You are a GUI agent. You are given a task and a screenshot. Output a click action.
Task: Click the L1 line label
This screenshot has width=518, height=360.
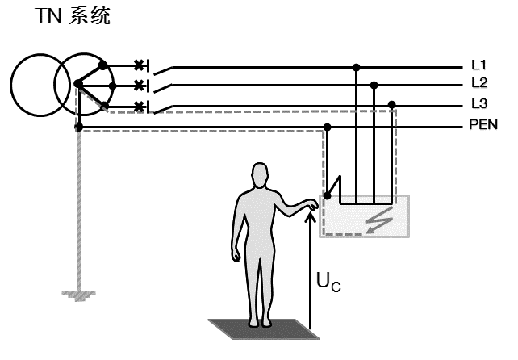[478, 64]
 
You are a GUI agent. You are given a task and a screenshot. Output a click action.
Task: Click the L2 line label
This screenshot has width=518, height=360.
[478, 83]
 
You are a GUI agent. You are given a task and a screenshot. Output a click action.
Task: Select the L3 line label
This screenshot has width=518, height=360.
[478, 104]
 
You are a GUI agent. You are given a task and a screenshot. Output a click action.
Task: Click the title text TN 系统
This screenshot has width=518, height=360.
[72, 16]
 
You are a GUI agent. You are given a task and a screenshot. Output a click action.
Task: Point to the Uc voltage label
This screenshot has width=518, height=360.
[328, 283]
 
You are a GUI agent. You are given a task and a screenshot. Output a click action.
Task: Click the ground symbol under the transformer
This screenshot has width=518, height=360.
[77, 295]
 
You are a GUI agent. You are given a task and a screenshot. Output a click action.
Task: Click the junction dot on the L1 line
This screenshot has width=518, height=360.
[356, 66]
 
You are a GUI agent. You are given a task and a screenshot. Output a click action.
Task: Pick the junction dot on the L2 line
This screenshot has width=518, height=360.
[374, 84]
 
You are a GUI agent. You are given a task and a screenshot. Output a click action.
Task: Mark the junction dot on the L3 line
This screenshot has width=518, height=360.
[392, 104]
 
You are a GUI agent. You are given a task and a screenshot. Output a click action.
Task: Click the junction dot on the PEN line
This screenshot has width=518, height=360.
[327, 126]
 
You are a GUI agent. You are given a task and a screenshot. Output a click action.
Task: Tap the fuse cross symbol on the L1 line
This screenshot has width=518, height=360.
[139, 65]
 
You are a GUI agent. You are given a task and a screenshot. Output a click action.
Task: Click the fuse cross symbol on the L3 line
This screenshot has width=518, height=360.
[139, 106]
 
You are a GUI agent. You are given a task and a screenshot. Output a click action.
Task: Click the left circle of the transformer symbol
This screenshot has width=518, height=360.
[36, 83]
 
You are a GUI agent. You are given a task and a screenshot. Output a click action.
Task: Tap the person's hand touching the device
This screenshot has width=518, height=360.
[309, 205]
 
